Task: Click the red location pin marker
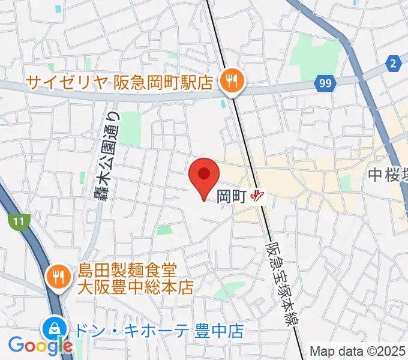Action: [x=203, y=175]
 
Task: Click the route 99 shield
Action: [x=325, y=84]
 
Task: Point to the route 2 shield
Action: [x=394, y=62]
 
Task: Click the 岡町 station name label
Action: [x=232, y=196]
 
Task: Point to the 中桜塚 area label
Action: [x=387, y=175]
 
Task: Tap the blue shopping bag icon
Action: [x=55, y=329]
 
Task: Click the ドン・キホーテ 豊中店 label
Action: [x=159, y=330]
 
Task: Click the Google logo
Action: [x=40, y=346]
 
